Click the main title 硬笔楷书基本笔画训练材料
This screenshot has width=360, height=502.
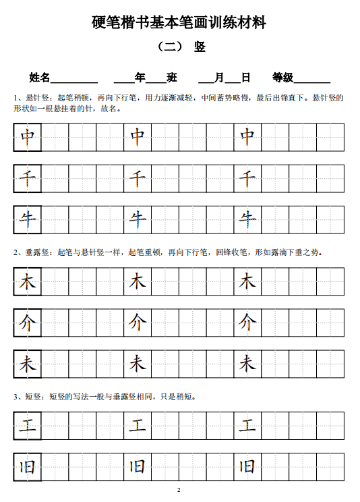pyautogui.click(x=179, y=23)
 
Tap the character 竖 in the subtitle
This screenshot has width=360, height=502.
pyautogui.click(x=200, y=47)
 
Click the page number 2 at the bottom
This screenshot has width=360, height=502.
pyautogui.click(x=179, y=489)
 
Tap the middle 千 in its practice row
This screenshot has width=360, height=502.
pyautogui.click(x=138, y=179)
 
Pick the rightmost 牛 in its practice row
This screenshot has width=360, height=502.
pyautogui.click(x=247, y=219)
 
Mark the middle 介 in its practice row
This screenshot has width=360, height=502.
pyautogui.click(x=138, y=323)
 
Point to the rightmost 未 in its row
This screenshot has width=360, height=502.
pyautogui.click(x=247, y=364)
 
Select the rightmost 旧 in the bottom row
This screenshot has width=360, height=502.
pyautogui.click(x=247, y=467)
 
